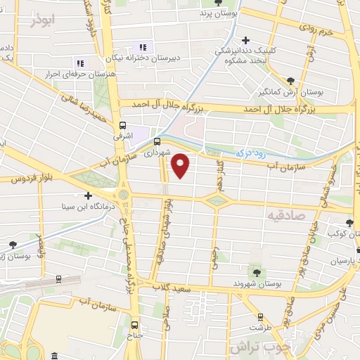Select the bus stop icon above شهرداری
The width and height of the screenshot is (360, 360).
coord(156,141)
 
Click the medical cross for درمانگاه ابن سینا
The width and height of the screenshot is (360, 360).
coord(88,195)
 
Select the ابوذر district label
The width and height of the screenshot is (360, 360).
coord(41,21)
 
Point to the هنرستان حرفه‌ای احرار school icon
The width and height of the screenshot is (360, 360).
coord(79,63)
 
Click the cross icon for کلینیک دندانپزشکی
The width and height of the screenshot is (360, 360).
coord(245,40)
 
